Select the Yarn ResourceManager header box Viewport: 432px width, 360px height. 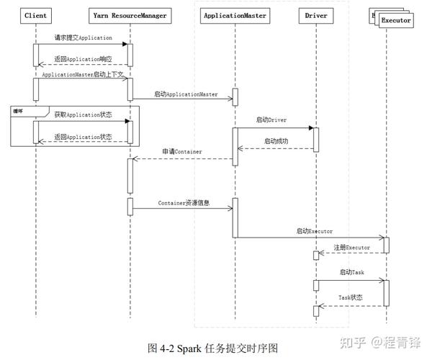130,14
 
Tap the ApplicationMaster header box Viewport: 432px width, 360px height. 235,14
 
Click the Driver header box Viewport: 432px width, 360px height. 315,14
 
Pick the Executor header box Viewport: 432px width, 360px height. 395,20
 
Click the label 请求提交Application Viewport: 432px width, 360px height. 83,37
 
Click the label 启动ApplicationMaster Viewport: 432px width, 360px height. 185,94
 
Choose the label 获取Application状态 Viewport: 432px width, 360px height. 83,114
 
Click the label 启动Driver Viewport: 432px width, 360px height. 271,120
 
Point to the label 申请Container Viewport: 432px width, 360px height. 181,151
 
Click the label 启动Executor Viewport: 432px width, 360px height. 314,231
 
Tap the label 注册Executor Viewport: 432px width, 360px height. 351,247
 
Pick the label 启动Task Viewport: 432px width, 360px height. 351,273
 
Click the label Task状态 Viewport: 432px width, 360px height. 351,297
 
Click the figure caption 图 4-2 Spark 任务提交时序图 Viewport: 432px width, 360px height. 212,347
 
